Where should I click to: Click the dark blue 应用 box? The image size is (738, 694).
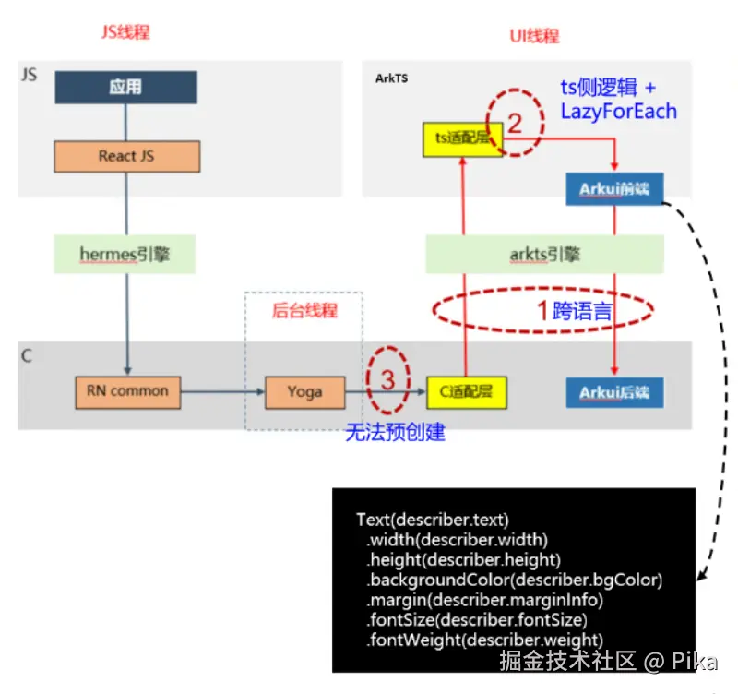coord(125,88)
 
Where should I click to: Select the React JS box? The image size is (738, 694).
coord(126,156)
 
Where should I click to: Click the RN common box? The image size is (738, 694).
coord(127,391)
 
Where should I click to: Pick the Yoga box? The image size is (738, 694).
coord(304,391)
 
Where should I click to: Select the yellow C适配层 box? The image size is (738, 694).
coord(467,391)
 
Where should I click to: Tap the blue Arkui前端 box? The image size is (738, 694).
coord(614,189)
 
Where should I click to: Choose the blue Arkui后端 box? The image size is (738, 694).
coord(614,392)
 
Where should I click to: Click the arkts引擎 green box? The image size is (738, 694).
coord(544,254)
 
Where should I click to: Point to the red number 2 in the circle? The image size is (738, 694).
coord(515,122)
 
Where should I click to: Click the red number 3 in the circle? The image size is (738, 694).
coord(387,378)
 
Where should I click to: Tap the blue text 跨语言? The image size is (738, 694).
coord(582,311)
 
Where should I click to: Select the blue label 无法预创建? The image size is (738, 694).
coord(395,432)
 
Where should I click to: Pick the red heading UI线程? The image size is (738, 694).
coord(534,36)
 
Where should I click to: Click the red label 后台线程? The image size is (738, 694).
coord(304,310)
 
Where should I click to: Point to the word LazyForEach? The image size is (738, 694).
coord(618,112)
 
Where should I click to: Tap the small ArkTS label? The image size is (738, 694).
coord(391,78)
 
